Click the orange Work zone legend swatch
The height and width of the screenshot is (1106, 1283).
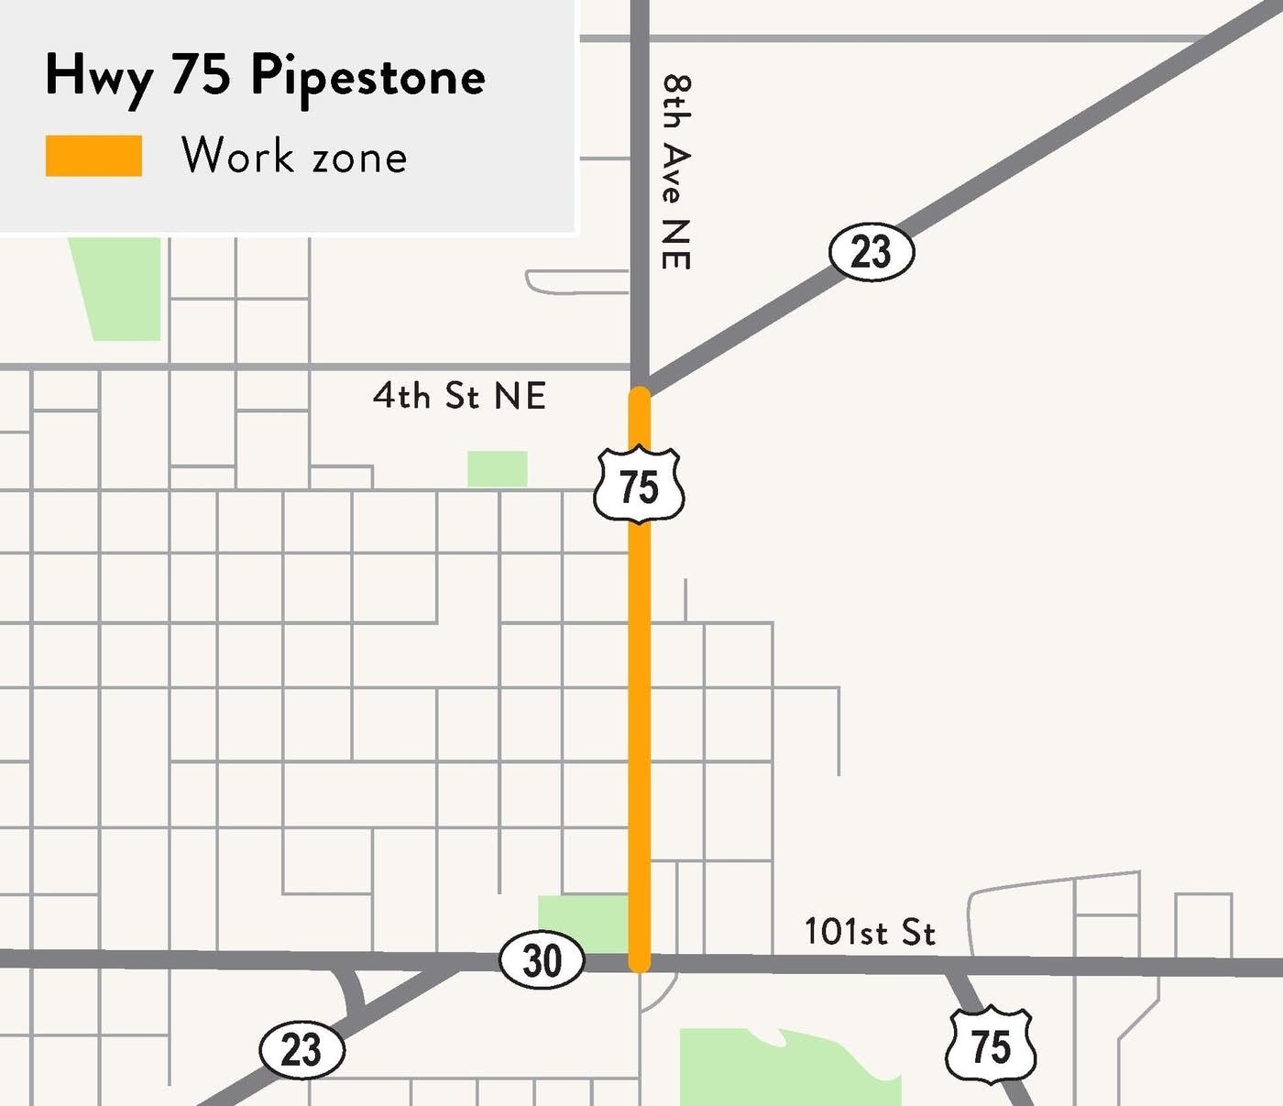tap(93, 156)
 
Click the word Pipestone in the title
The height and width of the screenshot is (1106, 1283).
tap(367, 77)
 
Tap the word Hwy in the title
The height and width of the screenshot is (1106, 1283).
tap(98, 77)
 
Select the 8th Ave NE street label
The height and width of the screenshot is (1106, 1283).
tap(676, 171)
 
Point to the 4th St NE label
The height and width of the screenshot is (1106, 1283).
tap(459, 396)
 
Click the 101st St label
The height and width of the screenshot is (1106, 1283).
tap(869, 932)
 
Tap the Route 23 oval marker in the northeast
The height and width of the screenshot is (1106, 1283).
tap(872, 251)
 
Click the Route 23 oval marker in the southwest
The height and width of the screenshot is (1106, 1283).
tap(302, 1050)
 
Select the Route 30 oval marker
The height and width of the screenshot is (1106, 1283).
tap(542, 960)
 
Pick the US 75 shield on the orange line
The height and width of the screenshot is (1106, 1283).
tap(639, 486)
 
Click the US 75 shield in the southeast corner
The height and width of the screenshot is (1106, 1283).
tap(991, 1046)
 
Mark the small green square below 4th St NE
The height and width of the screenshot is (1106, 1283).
tap(498, 469)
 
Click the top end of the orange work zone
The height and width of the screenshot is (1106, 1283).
tap(639, 395)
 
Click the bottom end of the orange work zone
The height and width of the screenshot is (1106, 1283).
tap(639, 962)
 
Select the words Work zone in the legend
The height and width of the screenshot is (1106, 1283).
tap(294, 156)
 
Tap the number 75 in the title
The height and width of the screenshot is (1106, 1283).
tap(200, 75)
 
